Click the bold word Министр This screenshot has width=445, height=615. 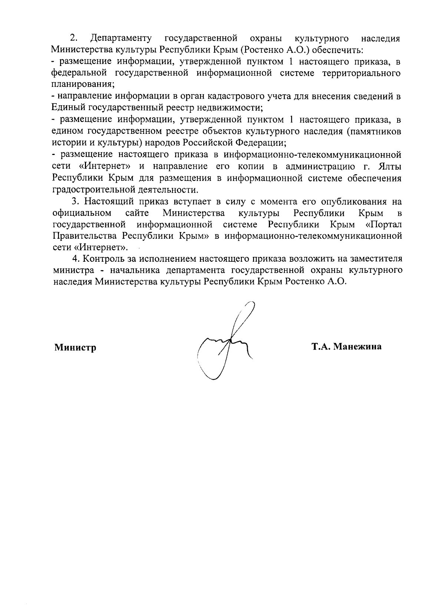tap(75, 347)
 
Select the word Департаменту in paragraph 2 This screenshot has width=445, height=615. tap(121, 39)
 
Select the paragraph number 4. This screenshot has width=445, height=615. tap(75, 258)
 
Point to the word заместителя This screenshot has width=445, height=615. tap(375, 258)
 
